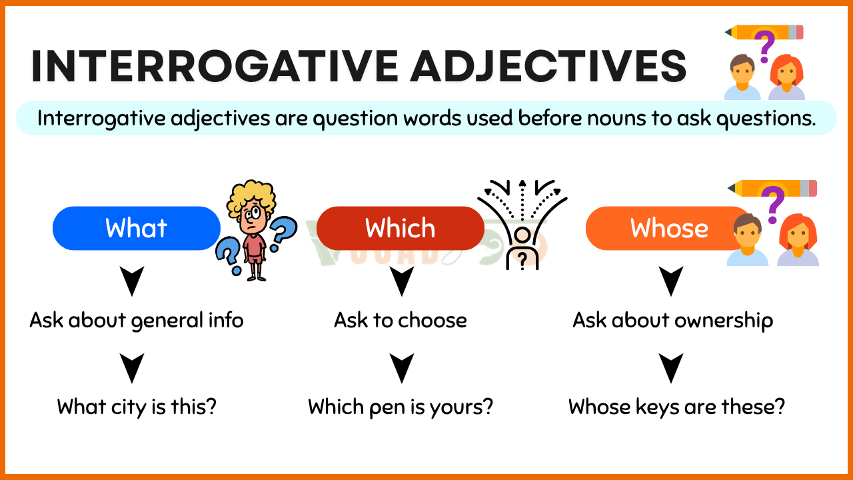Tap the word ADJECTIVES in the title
pyautogui.click(x=548, y=66)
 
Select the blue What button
pyautogui.click(x=137, y=228)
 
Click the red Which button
pyautogui.click(x=401, y=228)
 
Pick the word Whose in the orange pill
pyautogui.click(x=669, y=228)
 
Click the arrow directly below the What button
pyautogui.click(x=132, y=281)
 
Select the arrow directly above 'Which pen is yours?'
pyautogui.click(x=402, y=368)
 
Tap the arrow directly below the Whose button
pyautogui.click(x=671, y=281)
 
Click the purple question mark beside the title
pyautogui.click(x=764, y=47)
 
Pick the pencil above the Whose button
pyautogui.click(x=772, y=188)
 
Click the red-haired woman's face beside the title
pyautogui.click(x=787, y=73)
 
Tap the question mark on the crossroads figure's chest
pyautogui.click(x=522, y=259)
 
